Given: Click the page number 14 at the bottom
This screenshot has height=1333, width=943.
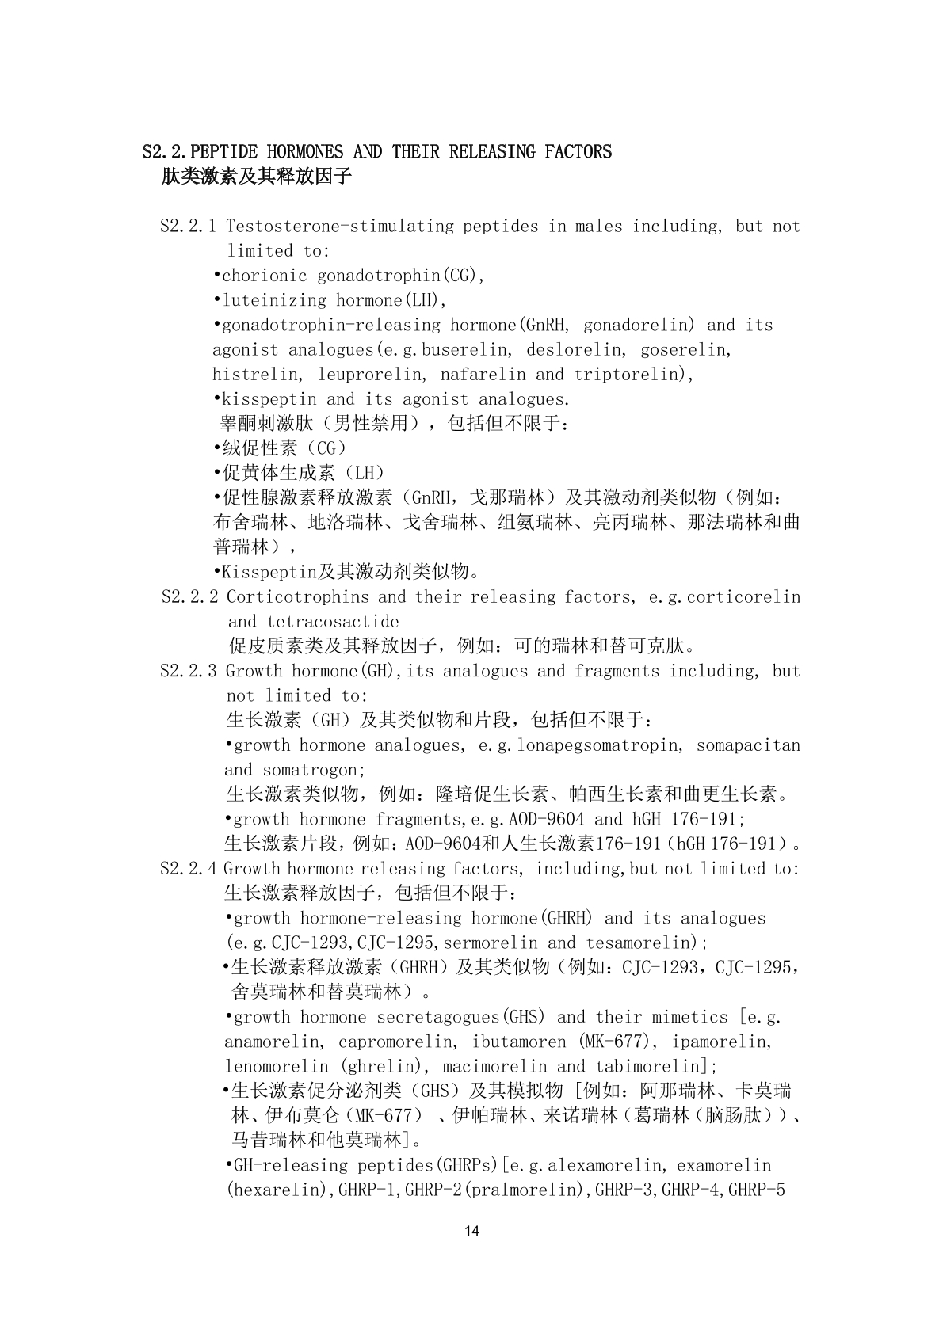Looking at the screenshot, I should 472,1231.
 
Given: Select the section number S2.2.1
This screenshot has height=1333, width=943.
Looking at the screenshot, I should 188,227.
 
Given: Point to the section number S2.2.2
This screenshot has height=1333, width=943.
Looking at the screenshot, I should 189,597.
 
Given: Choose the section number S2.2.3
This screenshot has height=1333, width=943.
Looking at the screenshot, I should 188,672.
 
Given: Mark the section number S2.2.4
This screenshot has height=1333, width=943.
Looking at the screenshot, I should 188,869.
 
